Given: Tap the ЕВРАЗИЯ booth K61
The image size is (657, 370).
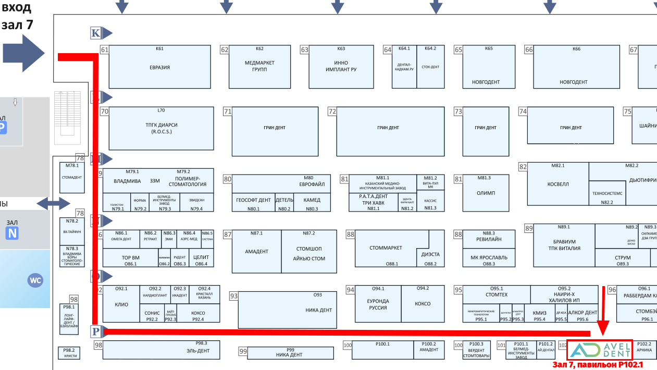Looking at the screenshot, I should pyautogui.click(x=159, y=67).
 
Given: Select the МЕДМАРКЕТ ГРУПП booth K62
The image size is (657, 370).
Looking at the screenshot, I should pyautogui.click(x=259, y=66).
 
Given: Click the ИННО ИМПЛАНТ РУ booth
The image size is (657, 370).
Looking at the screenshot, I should pyautogui.click(x=341, y=66).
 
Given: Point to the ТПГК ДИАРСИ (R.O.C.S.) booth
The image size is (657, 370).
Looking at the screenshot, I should pyautogui.click(x=161, y=128).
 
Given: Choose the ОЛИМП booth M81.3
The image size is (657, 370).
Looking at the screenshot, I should pyautogui.click(x=486, y=193).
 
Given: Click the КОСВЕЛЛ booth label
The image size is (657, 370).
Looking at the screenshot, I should pyautogui.click(x=558, y=184).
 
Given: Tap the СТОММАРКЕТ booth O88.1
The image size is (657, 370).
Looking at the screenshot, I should pyautogui.click(x=386, y=248).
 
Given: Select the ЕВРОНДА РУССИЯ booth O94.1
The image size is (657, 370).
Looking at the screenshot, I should pyautogui.click(x=378, y=304).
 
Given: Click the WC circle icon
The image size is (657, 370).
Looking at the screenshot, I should pyautogui.click(x=35, y=280).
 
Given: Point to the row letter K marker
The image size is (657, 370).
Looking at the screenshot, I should pyautogui.click(x=95, y=33).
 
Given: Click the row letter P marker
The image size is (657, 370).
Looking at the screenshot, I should pyautogui.click(x=96, y=331).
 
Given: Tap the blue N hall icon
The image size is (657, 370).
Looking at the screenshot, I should pyautogui.click(x=12, y=233).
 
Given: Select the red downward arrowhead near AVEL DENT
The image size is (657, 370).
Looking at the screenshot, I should pyautogui.click(x=603, y=327).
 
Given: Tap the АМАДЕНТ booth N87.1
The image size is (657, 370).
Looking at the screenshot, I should pyautogui.click(x=256, y=251).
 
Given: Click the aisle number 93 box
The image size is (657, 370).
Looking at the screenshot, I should pyautogui.click(x=234, y=296).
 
